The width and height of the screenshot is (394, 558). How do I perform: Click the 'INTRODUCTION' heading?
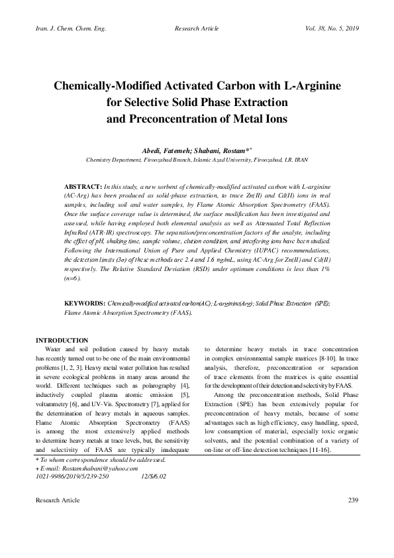click(x=62, y=340)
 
